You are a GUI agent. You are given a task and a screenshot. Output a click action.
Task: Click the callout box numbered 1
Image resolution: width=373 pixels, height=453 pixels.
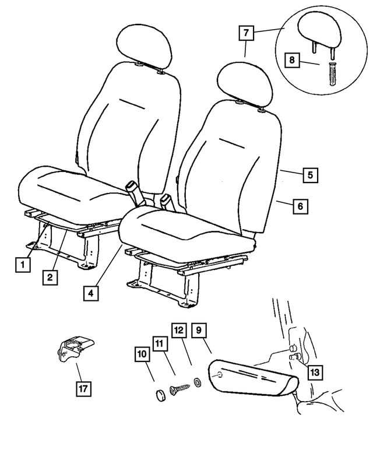pos(23,265)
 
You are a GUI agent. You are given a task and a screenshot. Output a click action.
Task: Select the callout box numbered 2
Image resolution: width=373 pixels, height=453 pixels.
pos(50,278)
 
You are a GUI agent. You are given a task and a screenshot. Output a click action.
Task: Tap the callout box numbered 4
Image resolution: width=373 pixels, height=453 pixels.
pos(91,293)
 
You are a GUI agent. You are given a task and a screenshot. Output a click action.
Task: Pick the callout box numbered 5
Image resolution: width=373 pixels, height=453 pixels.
pos(311,175)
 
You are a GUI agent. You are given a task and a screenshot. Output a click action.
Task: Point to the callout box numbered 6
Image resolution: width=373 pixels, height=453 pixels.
pos(301,206)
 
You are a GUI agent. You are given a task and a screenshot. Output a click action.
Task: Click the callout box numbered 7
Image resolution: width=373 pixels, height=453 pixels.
pos(246,33)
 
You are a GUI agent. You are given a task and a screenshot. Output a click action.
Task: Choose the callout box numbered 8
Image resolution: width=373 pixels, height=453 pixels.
pos(292,60)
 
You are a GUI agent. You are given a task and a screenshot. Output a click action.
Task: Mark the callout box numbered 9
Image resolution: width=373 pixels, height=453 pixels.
pos(199,330)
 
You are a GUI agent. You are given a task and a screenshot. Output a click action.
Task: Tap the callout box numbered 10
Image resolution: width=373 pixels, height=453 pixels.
pos(142,354)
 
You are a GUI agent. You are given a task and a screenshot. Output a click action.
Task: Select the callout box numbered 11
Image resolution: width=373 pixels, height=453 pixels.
pos(160,343)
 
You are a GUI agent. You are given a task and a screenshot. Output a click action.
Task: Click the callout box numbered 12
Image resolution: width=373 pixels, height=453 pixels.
pos(179,330)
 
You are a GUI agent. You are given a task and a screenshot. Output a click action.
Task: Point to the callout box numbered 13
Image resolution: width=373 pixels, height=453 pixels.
pos(315,372)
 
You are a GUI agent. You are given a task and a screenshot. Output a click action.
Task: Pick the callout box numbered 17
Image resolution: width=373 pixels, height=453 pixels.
pos(84,388)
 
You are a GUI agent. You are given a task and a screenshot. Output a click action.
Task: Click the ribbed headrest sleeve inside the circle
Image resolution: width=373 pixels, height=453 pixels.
pos(332,73)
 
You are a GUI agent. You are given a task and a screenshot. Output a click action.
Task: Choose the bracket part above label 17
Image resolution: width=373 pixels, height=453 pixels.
pos(75,349)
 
